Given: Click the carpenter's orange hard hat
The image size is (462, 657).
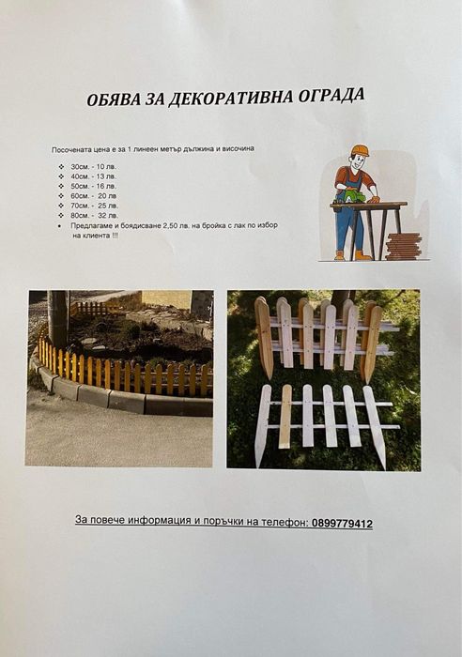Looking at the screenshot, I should [x=360, y=150].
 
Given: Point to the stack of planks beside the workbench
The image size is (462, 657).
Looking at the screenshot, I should [x=403, y=247].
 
